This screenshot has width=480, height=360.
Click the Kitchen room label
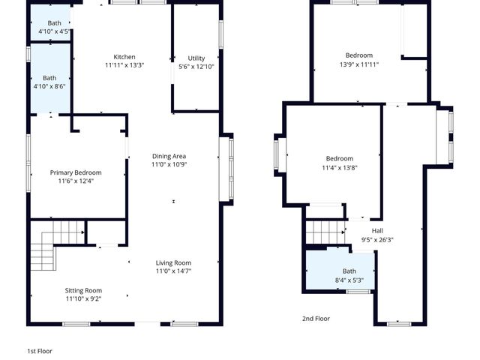(124, 57)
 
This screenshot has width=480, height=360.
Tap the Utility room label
(196, 58)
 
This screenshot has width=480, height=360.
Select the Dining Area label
(169, 156)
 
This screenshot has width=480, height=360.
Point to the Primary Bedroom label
(76, 172)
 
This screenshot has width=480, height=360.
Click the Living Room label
(173, 262)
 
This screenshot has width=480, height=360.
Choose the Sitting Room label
(83, 290)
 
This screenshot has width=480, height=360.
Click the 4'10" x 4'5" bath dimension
(55, 32)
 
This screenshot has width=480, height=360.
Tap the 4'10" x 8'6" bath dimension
(49, 86)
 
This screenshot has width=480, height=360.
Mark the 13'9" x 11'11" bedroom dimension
(358, 64)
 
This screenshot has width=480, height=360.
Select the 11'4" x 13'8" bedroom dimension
(339, 168)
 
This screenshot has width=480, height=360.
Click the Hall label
(377, 231)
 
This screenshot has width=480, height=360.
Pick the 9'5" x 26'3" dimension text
(377, 240)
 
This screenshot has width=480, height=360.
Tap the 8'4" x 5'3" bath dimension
(349, 280)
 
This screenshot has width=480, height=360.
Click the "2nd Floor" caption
(316, 319)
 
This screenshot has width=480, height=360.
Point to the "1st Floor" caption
(40, 350)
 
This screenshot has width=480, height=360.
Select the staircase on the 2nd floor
(325, 232)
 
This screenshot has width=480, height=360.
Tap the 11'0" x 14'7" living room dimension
(173, 271)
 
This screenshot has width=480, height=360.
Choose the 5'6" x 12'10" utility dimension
(196, 67)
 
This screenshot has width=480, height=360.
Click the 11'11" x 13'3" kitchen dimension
(124, 65)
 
